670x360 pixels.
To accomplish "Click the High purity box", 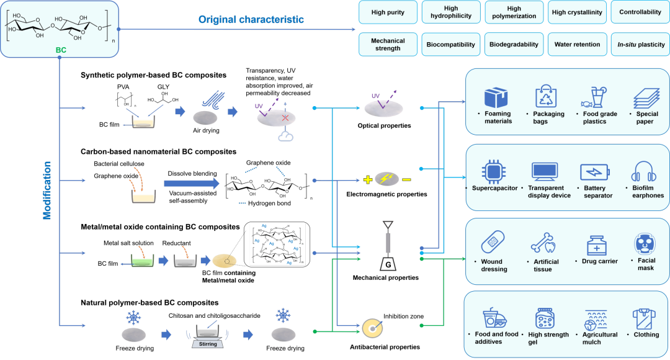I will [388, 12].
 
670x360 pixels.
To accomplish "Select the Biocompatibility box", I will [451, 45].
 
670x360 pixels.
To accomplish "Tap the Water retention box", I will [576, 45].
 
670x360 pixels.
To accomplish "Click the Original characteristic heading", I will [251, 20].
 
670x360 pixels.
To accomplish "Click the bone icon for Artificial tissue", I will [542, 243].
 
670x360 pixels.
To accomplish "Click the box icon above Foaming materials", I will [497, 97].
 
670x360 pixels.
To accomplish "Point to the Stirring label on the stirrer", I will [208, 344].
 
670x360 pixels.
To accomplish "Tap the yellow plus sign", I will [368, 180].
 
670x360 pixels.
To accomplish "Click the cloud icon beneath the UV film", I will [285, 136].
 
